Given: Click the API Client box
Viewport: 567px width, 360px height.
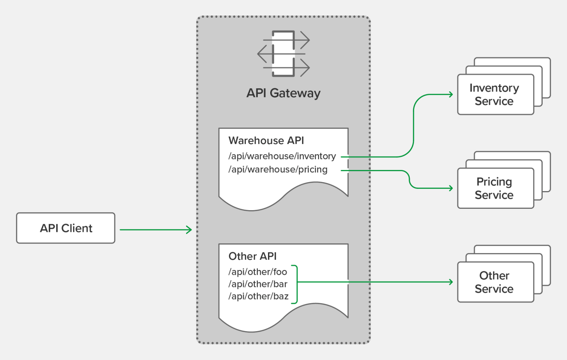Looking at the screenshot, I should (x=66, y=228).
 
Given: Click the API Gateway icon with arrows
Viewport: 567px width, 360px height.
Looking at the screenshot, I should (x=283, y=54).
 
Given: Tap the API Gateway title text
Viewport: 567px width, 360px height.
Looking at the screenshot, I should (x=283, y=94).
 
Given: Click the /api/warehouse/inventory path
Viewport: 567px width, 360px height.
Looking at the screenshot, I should (x=282, y=156).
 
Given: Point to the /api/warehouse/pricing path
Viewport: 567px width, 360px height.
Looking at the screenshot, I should (x=278, y=169).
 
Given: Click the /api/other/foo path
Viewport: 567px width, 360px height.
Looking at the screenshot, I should (x=258, y=272).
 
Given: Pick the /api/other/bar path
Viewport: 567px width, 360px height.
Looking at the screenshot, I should (x=258, y=284).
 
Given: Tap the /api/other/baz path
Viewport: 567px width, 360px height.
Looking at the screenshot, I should (x=258, y=297).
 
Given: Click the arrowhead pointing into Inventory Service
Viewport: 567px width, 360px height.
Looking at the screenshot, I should (x=450, y=94).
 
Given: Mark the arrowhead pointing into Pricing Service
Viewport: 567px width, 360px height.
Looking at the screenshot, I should (x=450, y=188).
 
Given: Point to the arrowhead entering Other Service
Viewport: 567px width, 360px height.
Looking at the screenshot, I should (x=450, y=282).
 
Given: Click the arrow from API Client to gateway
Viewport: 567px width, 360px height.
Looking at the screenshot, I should (x=155, y=230).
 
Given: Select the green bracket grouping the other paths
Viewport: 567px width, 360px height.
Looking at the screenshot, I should (x=295, y=284).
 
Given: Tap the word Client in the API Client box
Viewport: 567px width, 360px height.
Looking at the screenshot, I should (x=77, y=228).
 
